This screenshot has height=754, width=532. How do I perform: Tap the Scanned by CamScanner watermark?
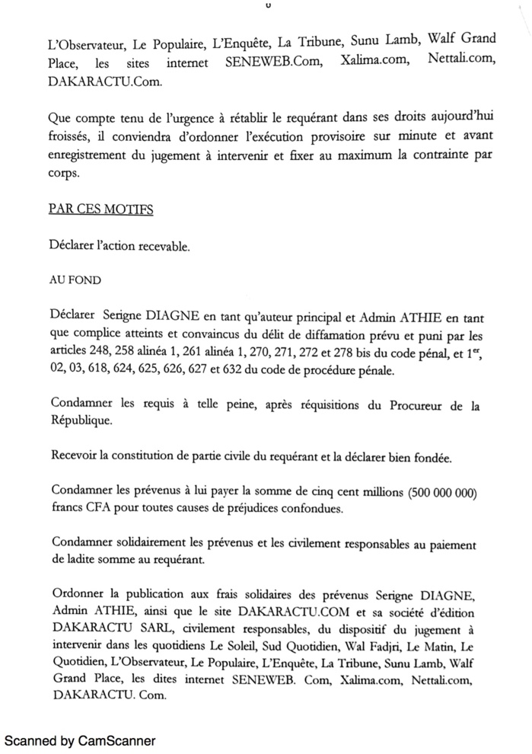click(80, 740)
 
